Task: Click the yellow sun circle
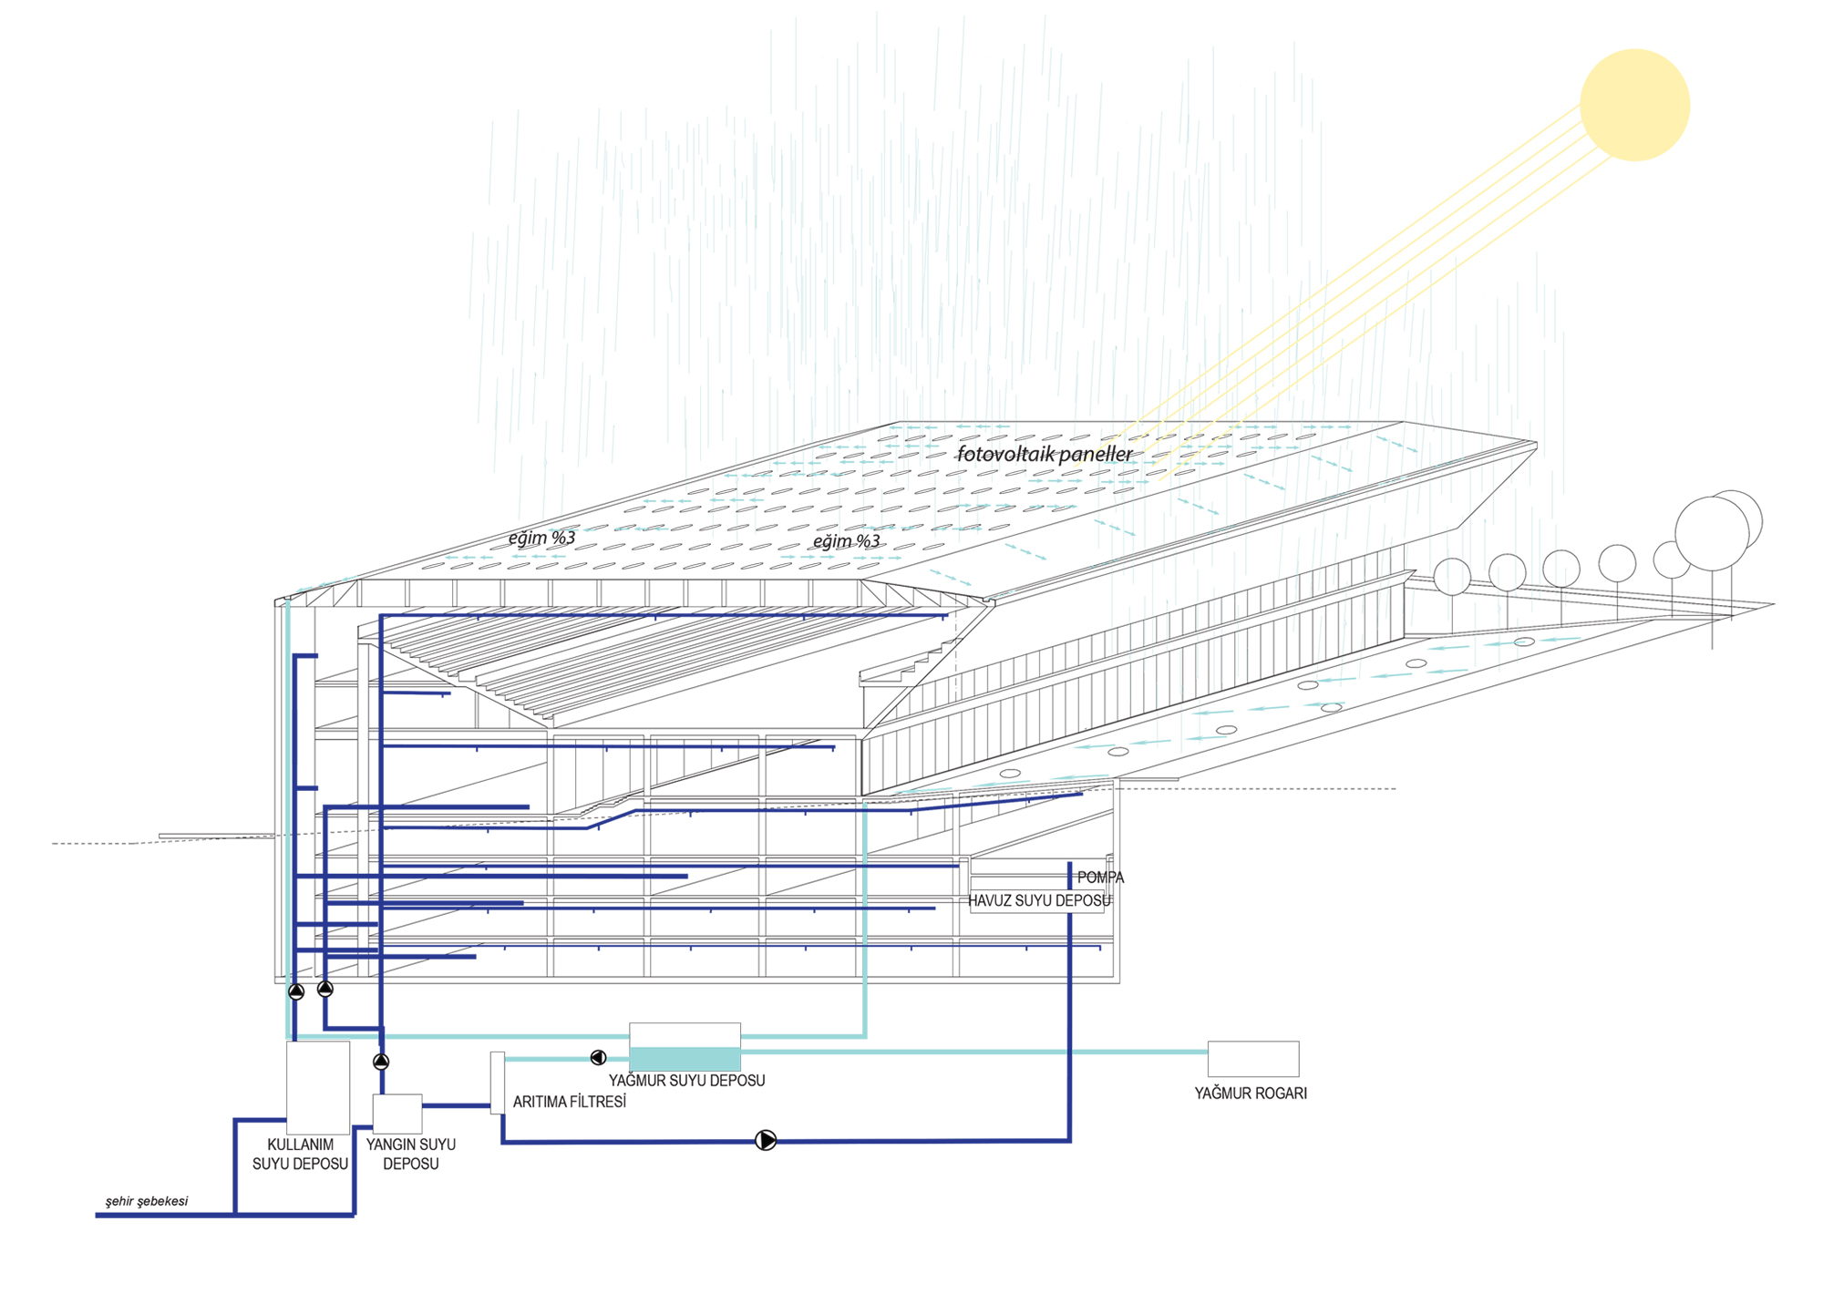coord(1634,105)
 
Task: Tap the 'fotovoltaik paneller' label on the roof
coord(1045,454)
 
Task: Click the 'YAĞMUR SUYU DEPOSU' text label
coord(686,1081)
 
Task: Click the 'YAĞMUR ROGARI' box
coord(1253,1059)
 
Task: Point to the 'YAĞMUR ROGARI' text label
coord(1251,1093)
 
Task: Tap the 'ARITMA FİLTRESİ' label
coord(570,1102)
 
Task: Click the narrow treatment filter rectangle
coord(497,1083)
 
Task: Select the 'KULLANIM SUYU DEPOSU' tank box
coord(318,1087)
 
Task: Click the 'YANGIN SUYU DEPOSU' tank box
coord(397,1114)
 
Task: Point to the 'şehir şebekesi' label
coord(147,1201)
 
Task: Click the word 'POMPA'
coord(1100,878)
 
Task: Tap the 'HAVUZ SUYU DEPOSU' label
coord(1039,901)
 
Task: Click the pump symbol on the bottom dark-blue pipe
coord(766,1140)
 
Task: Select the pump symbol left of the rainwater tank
coord(598,1057)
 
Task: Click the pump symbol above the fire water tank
coord(381,1061)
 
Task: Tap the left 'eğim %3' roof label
coord(541,539)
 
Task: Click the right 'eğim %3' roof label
coord(846,542)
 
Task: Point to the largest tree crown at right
coord(1712,534)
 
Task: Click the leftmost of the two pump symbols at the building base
coord(296,991)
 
